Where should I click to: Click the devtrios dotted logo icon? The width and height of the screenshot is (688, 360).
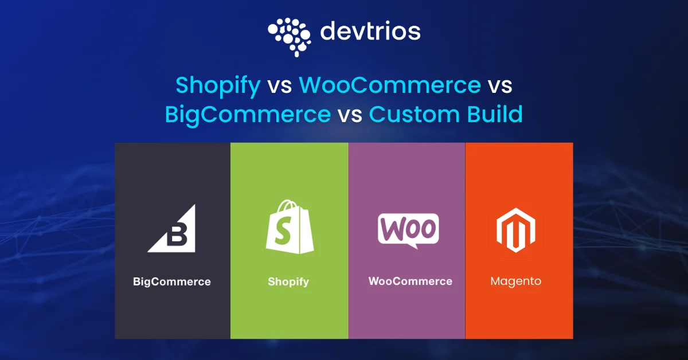pos(289,36)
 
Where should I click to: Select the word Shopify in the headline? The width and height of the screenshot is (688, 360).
pos(218,85)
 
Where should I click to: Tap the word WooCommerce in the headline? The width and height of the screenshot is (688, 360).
pos(390,85)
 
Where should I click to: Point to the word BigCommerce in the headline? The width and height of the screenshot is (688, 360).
pos(248,114)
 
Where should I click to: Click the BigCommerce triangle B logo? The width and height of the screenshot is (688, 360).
pos(172,229)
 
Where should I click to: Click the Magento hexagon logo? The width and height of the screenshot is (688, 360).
pos(516,229)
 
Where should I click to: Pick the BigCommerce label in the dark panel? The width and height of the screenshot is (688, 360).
pos(172,281)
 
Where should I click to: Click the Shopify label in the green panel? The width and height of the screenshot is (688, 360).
pos(288,281)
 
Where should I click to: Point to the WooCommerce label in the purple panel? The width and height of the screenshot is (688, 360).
pos(410,281)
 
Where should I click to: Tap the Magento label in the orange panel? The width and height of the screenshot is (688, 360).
pos(516,281)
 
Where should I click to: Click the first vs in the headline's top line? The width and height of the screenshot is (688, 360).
pos(280,85)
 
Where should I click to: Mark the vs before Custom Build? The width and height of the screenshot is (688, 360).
pos(350,114)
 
